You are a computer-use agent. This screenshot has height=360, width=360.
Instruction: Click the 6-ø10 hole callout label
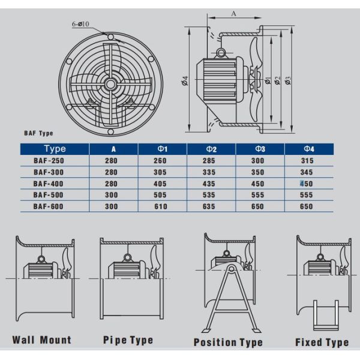82,24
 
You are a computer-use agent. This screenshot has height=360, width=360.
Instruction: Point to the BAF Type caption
38,134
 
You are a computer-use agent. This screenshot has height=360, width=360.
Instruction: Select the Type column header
55,149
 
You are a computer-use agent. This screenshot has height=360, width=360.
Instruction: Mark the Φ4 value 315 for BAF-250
306,161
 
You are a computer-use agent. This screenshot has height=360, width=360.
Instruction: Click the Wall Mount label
41,340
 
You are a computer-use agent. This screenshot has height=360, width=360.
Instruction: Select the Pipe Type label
128,340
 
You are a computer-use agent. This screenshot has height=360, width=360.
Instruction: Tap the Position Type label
228,342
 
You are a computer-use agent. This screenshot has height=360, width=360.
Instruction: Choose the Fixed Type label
322,342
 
